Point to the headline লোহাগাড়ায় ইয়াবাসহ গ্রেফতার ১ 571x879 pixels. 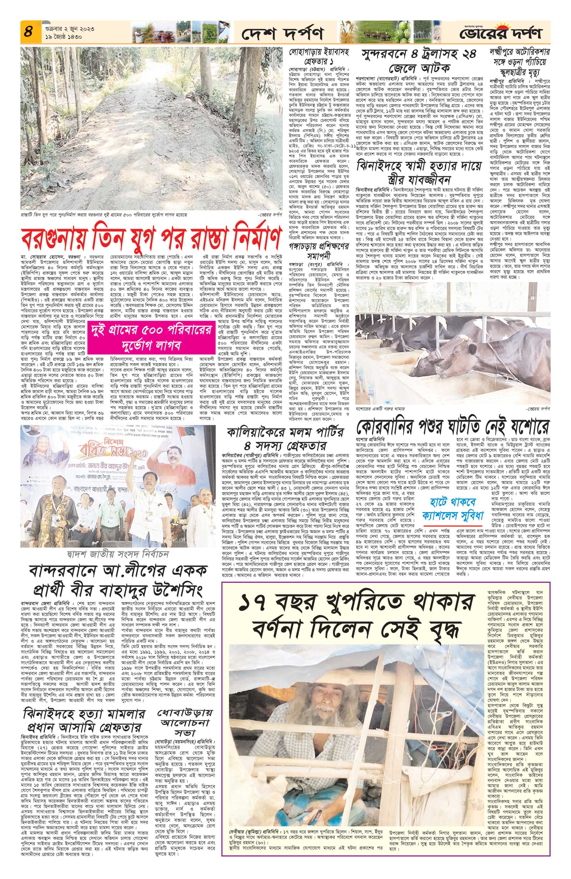318,56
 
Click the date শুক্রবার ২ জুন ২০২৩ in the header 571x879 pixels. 62,27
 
